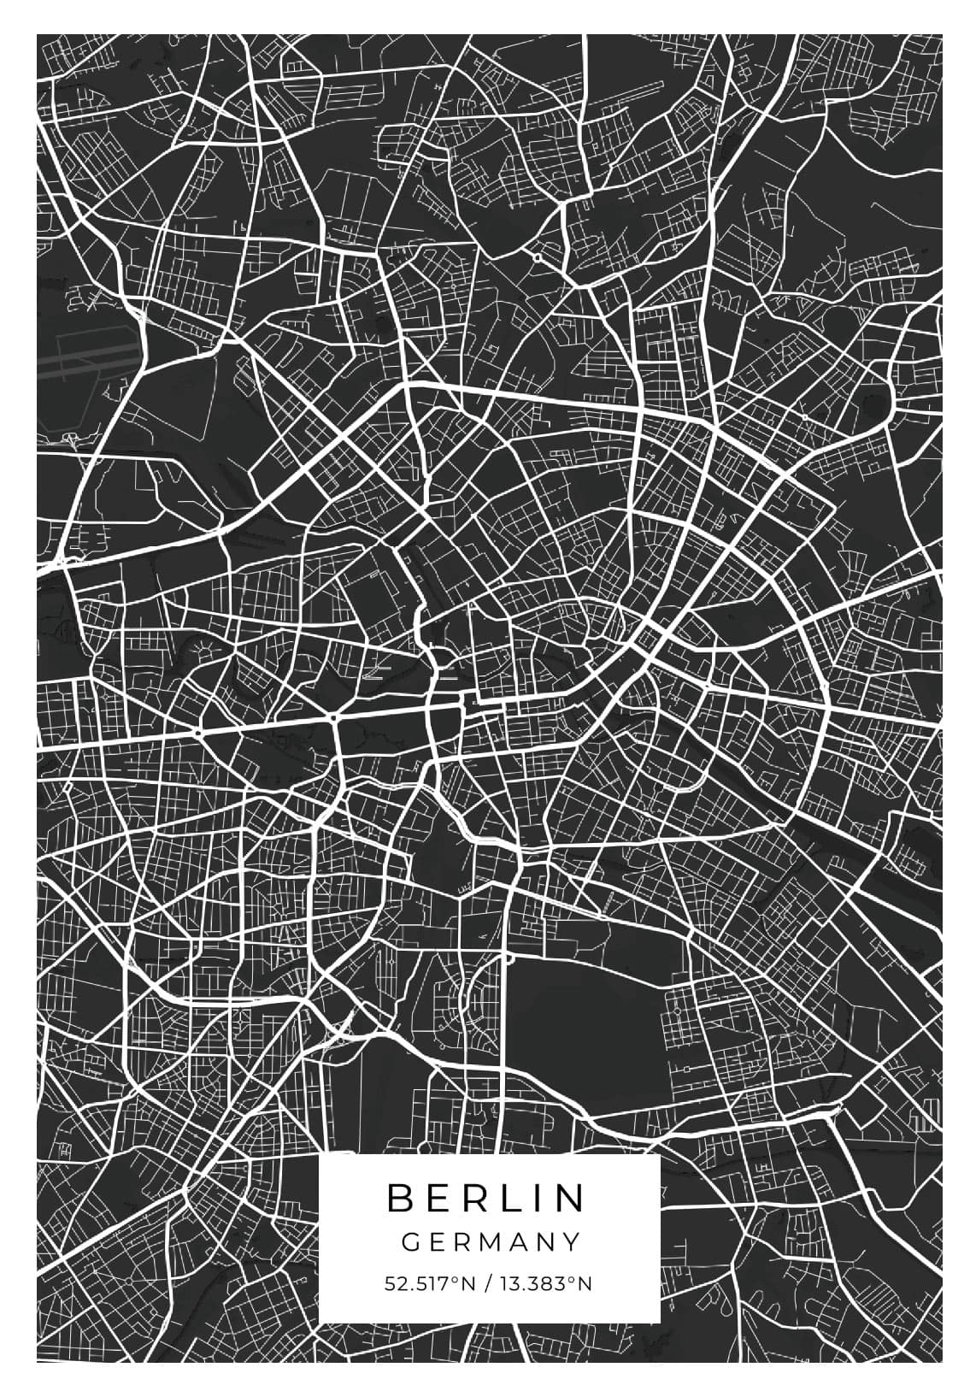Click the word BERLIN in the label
point(487,1198)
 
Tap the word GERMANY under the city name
point(491,1241)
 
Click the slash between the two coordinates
point(486,1283)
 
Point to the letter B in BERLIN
point(400,1198)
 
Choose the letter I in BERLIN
point(541,1198)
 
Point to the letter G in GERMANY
point(410,1241)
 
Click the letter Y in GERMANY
point(572,1241)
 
